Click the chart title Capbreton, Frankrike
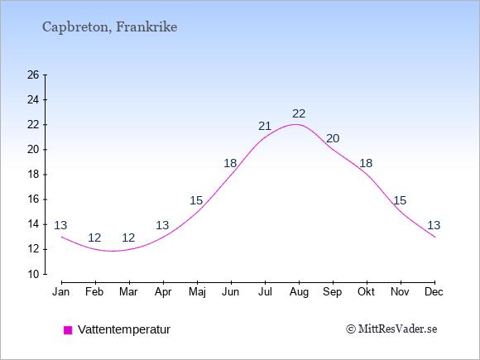(109, 27)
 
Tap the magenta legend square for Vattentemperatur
(68, 330)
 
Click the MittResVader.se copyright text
(391, 329)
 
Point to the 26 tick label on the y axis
(33, 74)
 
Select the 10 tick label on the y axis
(33, 274)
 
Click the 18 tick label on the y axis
(33, 175)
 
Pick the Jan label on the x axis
(61, 292)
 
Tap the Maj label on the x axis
(197, 292)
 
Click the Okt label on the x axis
(366, 292)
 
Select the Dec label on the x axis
(434, 292)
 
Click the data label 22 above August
(299, 113)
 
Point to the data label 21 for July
(265, 126)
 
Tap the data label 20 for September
(333, 138)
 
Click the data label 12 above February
(94, 238)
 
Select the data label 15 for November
(400, 200)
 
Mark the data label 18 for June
(230, 163)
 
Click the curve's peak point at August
(295, 124)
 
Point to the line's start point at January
(62, 237)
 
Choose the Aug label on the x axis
(299, 292)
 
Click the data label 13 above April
(162, 225)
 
